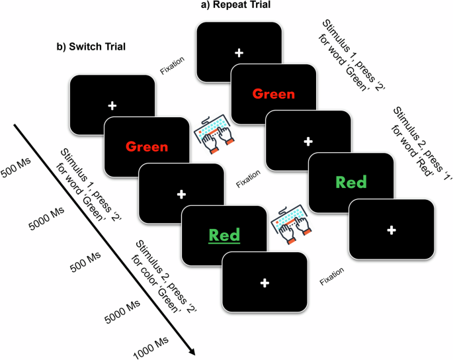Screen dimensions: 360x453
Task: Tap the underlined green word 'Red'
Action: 224,235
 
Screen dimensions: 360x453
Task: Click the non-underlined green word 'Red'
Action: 350,182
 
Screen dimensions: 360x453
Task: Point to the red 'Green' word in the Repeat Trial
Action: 273,94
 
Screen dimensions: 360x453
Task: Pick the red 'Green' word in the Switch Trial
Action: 146,146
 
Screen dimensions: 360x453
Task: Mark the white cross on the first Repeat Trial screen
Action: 239,52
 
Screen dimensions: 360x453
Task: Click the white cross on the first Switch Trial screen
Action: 112,106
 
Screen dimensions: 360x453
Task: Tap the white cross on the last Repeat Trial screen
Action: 391,230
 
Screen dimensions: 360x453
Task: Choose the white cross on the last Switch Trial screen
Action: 265,283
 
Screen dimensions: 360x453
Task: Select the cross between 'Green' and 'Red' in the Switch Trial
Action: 181,195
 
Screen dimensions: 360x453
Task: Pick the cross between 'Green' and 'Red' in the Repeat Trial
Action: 308,141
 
